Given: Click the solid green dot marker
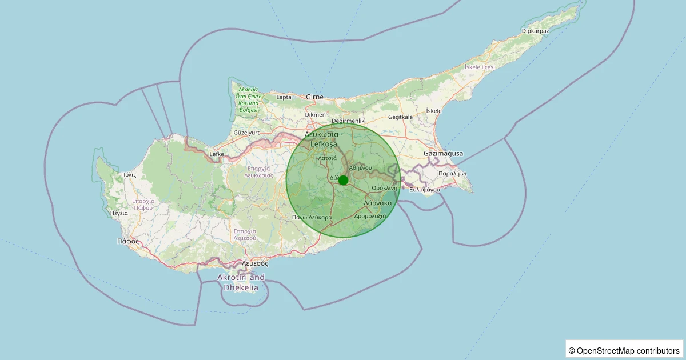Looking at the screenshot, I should (x=343, y=180).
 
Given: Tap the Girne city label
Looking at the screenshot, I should (x=315, y=97).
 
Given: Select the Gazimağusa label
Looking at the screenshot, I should (x=443, y=154).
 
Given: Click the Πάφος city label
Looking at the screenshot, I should (x=128, y=241).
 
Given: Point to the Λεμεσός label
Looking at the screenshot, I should (x=255, y=263).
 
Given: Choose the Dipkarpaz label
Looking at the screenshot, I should (x=536, y=31).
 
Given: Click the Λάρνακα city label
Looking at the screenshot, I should (x=378, y=203).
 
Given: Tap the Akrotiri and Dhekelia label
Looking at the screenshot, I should (x=241, y=282).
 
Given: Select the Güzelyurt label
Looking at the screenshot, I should (x=246, y=133).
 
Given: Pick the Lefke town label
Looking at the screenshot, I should (x=217, y=154).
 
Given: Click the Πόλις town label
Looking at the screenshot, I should (x=129, y=175).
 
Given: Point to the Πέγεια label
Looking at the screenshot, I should (x=119, y=213).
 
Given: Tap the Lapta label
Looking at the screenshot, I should (x=284, y=97).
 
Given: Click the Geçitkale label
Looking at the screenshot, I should (x=400, y=117).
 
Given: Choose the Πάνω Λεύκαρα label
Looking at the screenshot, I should (x=312, y=217).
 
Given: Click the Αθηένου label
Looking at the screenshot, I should (x=360, y=167).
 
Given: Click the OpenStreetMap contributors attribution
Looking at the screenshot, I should (x=624, y=350).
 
